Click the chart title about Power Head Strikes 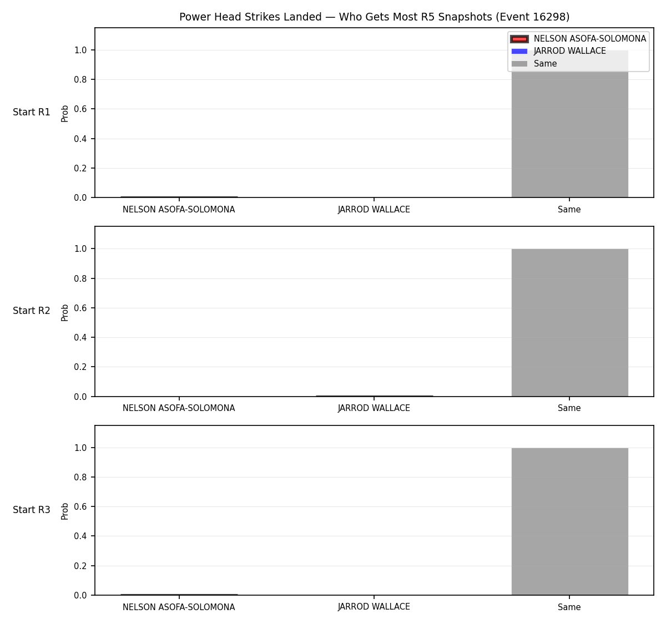click(374, 17)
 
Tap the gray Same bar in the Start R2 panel click(569, 323)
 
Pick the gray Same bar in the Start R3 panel click(569, 521)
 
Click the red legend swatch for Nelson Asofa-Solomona click(519, 39)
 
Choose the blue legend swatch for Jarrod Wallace click(519, 51)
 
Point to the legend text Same click(545, 64)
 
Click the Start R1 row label click(31, 112)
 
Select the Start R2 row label click(31, 311)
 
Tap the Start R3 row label click(31, 510)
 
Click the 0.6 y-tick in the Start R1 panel click(80, 109)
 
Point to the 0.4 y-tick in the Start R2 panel click(80, 337)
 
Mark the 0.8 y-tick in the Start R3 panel click(80, 477)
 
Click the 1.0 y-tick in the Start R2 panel click(80, 249)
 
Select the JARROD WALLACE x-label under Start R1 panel click(374, 210)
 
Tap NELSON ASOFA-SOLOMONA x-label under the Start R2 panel click(179, 408)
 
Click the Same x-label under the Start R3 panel click(569, 607)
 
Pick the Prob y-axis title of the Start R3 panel click(64, 511)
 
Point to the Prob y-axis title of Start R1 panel click(64, 114)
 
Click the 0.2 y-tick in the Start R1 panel click(80, 168)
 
